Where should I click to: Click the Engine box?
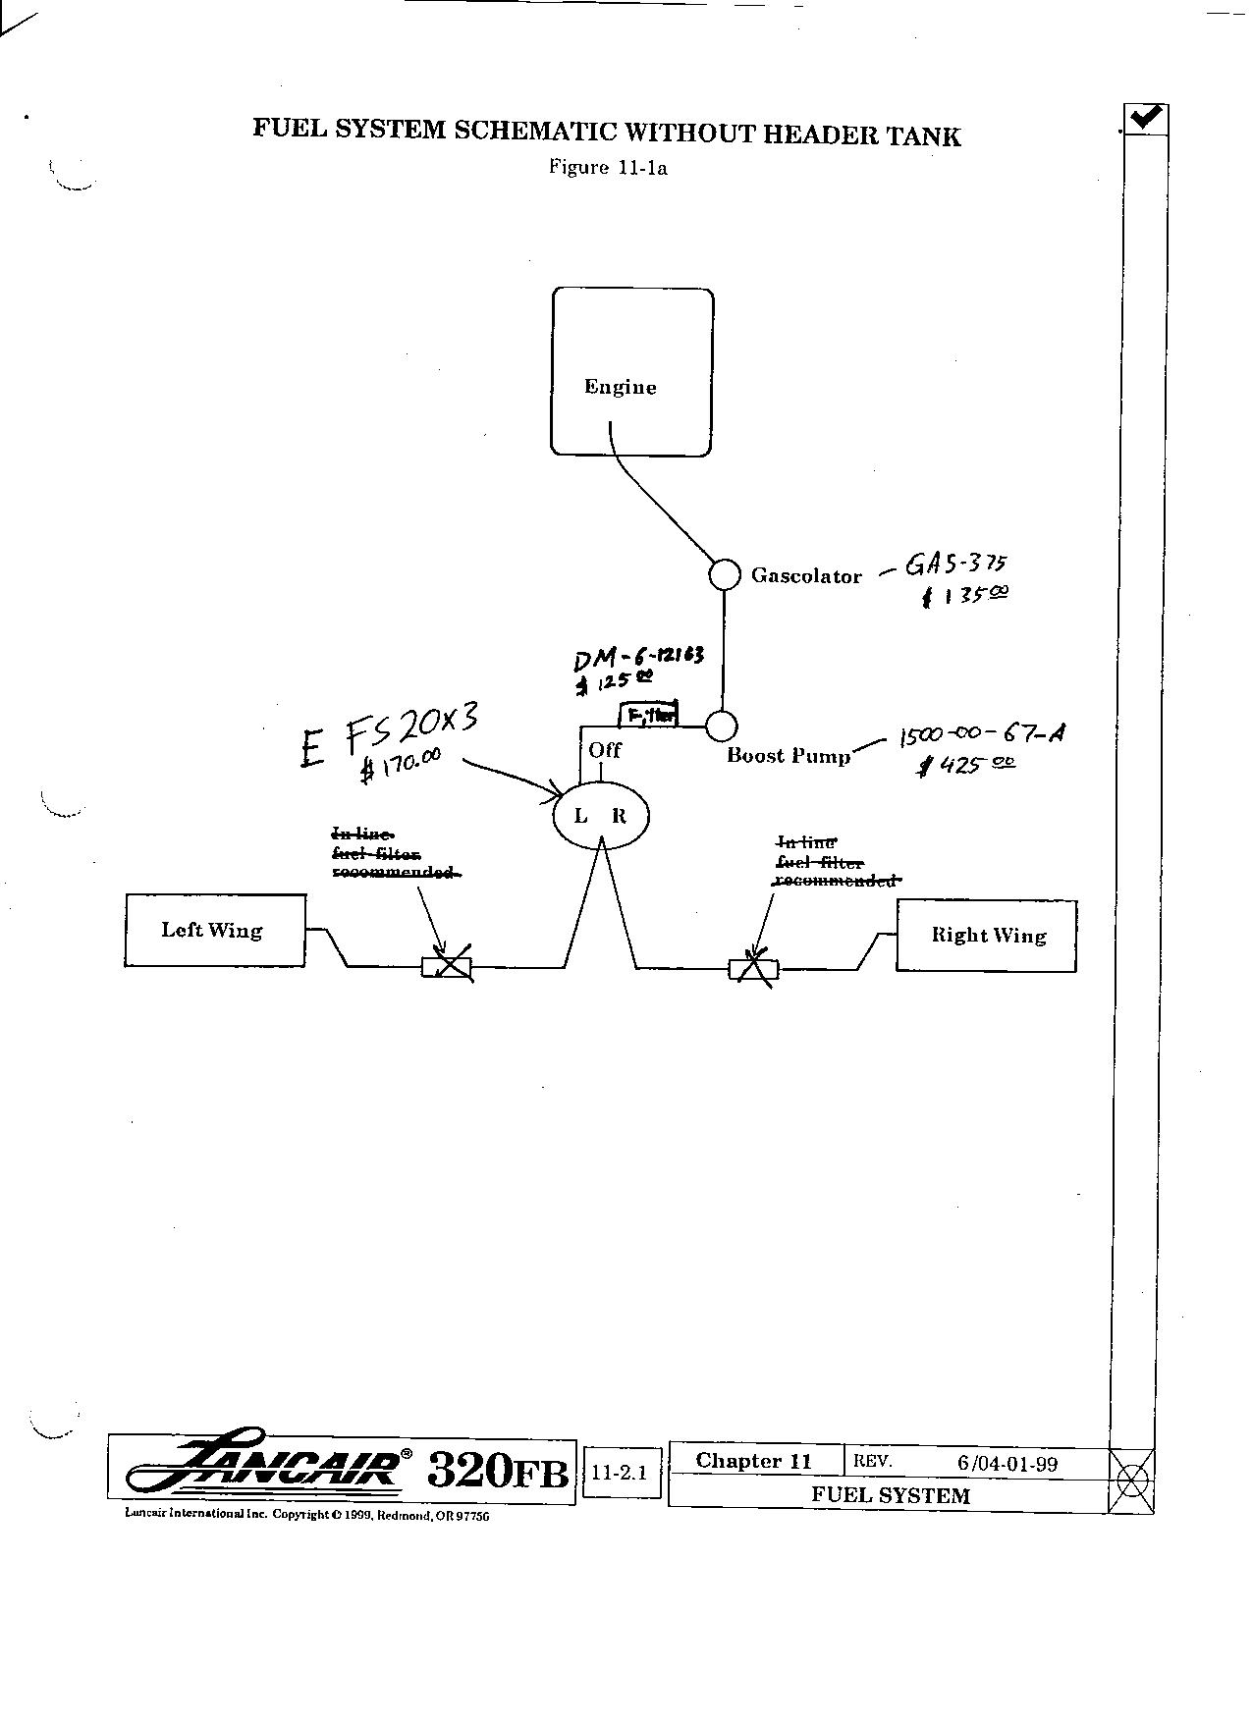(x=631, y=372)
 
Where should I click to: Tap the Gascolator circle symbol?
(x=725, y=574)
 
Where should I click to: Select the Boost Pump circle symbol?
(x=722, y=727)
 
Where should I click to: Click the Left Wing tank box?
(x=214, y=931)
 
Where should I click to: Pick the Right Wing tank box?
(x=986, y=936)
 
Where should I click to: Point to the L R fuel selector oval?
(x=600, y=815)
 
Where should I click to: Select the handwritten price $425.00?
(x=966, y=765)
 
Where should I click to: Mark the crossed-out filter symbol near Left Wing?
(x=448, y=968)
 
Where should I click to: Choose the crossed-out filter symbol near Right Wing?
(x=753, y=969)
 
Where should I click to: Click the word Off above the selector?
(x=605, y=750)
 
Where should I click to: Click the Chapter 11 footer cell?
(x=754, y=1461)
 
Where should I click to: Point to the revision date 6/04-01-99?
(x=1007, y=1464)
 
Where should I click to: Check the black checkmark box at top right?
(x=1145, y=119)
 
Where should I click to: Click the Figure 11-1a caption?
(x=608, y=167)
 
